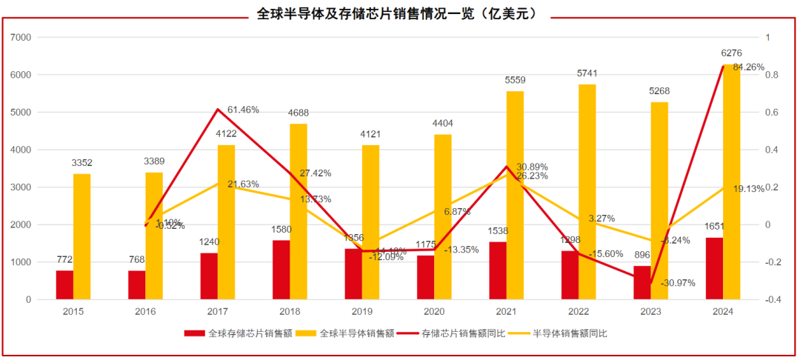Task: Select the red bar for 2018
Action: click(281, 270)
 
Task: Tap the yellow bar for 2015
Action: click(82, 236)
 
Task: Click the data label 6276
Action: click(731, 53)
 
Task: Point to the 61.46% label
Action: click(243, 110)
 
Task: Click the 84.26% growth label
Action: click(748, 67)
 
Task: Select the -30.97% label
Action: click(679, 284)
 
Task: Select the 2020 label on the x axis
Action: click(434, 313)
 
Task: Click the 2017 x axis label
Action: click(218, 313)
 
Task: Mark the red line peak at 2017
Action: click(218, 110)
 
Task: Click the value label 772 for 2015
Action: click(64, 260)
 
